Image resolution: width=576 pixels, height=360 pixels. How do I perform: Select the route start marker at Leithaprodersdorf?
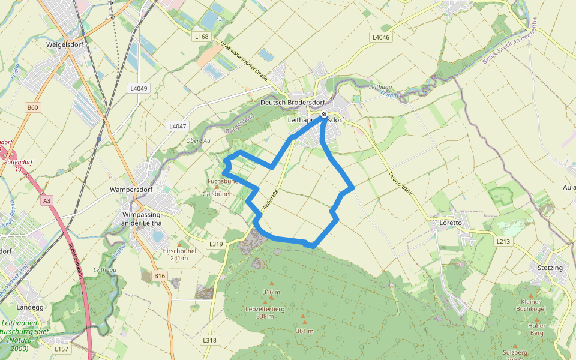[324, 114]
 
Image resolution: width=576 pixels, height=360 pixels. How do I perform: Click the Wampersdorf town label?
[128, 190]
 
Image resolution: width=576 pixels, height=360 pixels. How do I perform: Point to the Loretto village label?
[451, 223]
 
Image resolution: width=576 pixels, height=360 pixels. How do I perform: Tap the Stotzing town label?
[550, 267]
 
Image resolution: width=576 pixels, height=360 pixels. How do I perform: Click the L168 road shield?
[202, 37]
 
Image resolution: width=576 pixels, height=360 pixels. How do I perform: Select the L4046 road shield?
[380, 37]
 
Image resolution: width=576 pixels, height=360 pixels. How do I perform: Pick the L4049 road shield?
[138, 88]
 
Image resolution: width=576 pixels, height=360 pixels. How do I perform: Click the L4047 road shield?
[178, 126]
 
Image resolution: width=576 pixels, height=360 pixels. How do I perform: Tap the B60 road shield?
[32, 107]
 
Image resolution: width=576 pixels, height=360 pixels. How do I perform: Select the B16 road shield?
[159, 276]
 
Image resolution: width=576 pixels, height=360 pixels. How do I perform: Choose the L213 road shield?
[503, 241]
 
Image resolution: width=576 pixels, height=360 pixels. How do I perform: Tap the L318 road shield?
[209, 340]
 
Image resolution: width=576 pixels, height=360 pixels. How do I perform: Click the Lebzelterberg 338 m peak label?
[265, 312]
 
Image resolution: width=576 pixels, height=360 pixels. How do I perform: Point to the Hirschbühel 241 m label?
[179, 254]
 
